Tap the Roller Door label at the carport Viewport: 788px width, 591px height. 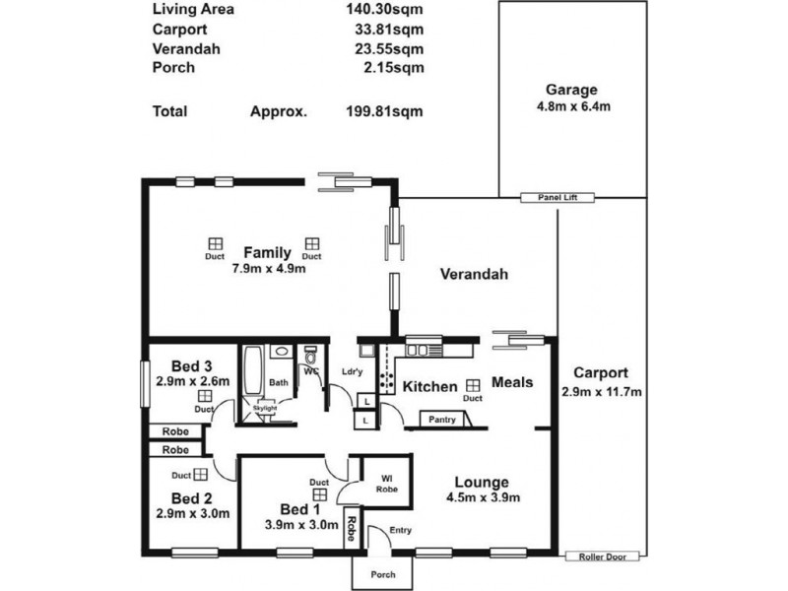[x=603, y=557]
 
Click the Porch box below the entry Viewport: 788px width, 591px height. [x=383, y=575]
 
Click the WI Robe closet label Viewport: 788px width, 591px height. [x=386, y=484]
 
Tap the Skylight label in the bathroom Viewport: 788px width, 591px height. [x=264, y=407]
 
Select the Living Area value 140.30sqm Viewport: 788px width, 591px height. [x=382, y=11]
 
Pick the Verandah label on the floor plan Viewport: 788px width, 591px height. [x=473, y=275]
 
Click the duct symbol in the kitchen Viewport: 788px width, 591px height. [x=473, y=385]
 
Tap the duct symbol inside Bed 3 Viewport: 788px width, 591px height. [x=204, y=395]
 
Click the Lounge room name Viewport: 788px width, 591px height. [x=481, y=483]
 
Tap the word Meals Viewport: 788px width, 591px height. [x=512, y=382]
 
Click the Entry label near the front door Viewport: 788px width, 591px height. [x=400, y=531]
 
